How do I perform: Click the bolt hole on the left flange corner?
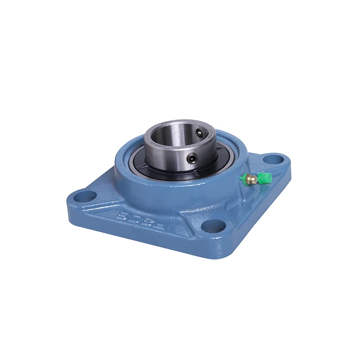click(86, 196)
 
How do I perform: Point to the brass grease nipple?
click(252, 180)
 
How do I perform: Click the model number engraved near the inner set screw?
click(209, 131)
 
